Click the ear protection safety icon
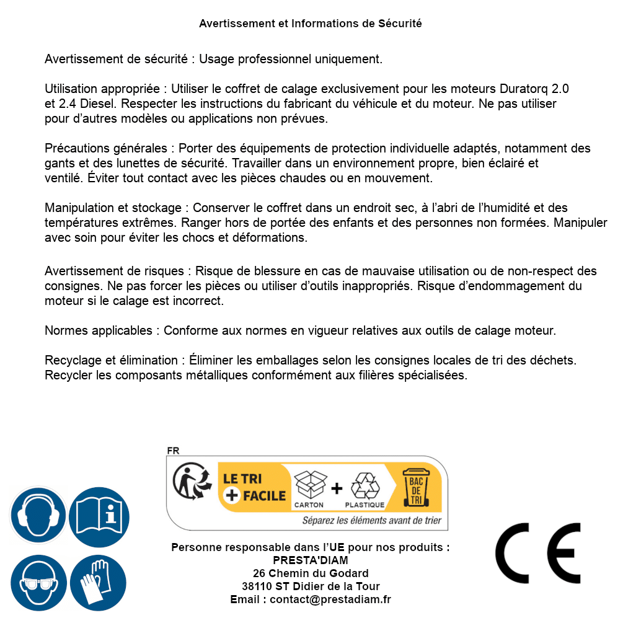tap(38, 516)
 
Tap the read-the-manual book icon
tap(99, 516)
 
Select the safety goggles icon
tap(38, 583)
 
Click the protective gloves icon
tap(99, 583)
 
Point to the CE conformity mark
tap(538, 553)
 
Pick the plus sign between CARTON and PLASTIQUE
tap(337, 488)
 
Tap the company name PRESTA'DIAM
tap(310, 560)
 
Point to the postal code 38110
tap(256, 586)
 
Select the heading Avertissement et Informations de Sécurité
tap(310, 24)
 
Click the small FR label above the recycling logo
tap(173, 451)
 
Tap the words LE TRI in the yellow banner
tap(242, 479)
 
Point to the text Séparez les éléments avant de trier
tap(371, 521)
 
